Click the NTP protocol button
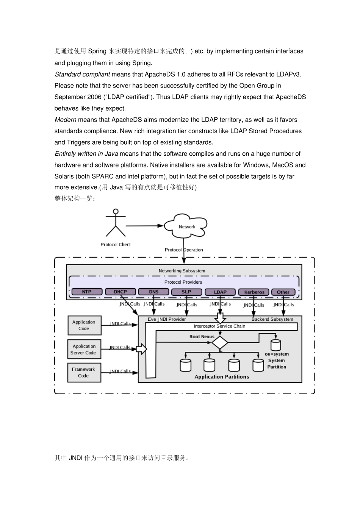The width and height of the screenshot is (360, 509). point(87,292)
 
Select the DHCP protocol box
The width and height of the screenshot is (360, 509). point(120,292)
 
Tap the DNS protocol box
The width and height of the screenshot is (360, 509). point(153,292)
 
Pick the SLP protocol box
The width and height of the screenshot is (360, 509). point(186,292)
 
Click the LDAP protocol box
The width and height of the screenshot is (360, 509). point(220,292)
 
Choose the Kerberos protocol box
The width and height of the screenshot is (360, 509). point(254,292)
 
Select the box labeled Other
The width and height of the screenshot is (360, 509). point(283,292)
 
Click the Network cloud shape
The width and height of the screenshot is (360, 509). point(186,226)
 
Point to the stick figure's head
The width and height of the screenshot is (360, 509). point(116,211)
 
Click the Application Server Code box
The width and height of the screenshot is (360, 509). point(85,349)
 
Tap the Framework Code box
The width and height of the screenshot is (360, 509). point(84,372)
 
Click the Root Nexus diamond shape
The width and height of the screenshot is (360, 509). point(219,342)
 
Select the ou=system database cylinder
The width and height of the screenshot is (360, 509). point(276,345)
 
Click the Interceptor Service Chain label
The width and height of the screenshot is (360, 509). point(219,326)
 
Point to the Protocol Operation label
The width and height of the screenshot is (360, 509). point(184,250)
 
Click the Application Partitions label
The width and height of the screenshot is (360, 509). point(222,377)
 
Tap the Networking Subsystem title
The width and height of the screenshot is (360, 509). point(182,271)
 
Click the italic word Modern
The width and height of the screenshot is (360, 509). point(66,120)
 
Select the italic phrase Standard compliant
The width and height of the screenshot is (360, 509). point(82,74)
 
